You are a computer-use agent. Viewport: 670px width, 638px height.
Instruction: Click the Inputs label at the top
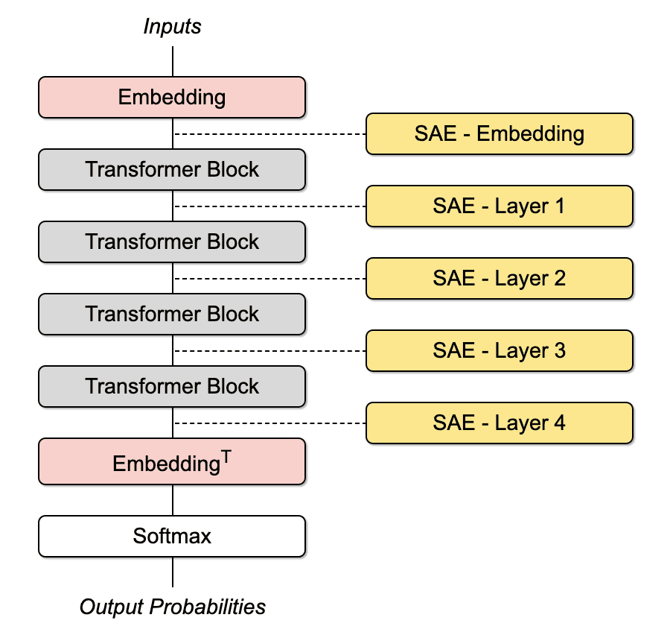pyautogui.click(x=172, y=27)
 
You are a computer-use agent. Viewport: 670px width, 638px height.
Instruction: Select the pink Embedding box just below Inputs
pyautogui.click(x=172, y=97)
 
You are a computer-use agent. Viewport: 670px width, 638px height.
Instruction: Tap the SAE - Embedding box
pyautogui.click(x=500, y=133)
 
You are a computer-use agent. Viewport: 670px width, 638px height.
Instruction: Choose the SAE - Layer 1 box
pyautogui.click(x=500, y=206)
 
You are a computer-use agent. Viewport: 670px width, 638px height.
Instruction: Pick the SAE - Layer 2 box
pyautogui.click(x=500, y=278)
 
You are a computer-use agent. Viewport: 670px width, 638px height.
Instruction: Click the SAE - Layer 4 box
pyautogui.click(x=500, y=423)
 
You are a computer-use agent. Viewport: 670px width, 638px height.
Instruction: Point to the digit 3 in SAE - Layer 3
pyautogui.click(x=560, y=350)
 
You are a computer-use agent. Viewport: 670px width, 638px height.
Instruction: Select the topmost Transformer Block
pyautogui.click(x=172, y=169)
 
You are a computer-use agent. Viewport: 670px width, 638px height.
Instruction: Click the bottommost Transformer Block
pyautogui.click(x=172, y=386)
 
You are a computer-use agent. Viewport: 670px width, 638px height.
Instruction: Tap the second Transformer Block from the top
pyautogui.click(x=172, y=241)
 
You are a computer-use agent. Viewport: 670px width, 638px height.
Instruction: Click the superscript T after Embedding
pyautogui.click(x=226, y=457)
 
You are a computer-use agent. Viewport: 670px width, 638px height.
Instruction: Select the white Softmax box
pyautogui.click(x=172, y=536)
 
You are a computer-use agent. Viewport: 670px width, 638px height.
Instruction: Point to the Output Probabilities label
pyautogui.click(x=173, y=607)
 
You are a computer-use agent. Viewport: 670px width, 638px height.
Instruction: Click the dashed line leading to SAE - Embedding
pyautogui.click(x=270, y=134)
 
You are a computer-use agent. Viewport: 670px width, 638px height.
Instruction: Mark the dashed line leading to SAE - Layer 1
pyautogui.click(x=270, y=206)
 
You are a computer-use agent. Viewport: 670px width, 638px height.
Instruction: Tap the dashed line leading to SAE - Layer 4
pyautogui.click(x=270, y=423)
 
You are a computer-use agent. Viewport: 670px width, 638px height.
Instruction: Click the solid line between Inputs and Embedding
pyautogui.click(x=173, y=62)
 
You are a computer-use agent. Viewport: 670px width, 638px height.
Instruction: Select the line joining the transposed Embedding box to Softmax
pyautogui.click(x=173, y=500)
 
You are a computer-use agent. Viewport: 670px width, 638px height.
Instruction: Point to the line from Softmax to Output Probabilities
pyautogui.click(x=173, y=572)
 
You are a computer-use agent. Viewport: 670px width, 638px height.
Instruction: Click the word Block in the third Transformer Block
pyautogui.click(x=233, y=314)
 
